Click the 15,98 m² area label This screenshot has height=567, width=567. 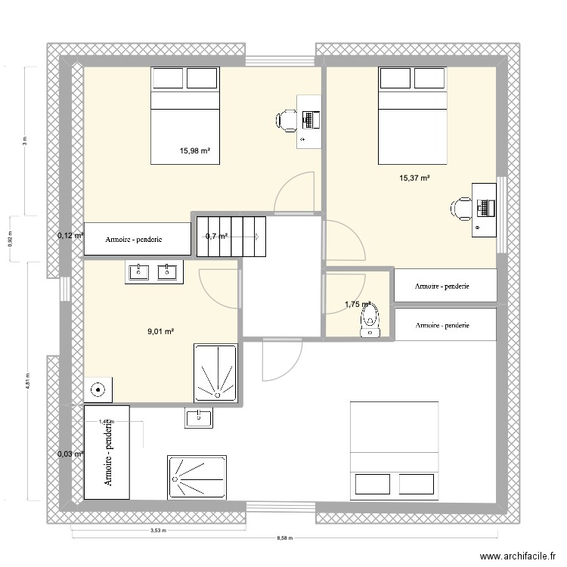(x=194, y=150)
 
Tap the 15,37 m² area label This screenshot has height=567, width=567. (x=414, y=178)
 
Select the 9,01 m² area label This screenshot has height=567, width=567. (x=160, y=331)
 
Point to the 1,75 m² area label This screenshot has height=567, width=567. (x=358, y=305)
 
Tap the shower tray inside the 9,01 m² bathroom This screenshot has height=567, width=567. (x=215, y=373)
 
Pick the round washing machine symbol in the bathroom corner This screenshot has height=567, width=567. (x=98, y=390)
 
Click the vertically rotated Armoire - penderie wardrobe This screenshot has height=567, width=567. (x=107, y=452)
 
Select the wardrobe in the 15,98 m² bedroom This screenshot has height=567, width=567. (x=137, y=239)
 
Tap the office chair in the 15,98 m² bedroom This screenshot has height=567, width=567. (x=287, y=120)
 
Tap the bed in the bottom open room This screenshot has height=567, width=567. (x=394, y=450)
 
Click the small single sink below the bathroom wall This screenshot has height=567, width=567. (x=198, y=417)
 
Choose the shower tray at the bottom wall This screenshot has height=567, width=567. (x=197, y=477)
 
